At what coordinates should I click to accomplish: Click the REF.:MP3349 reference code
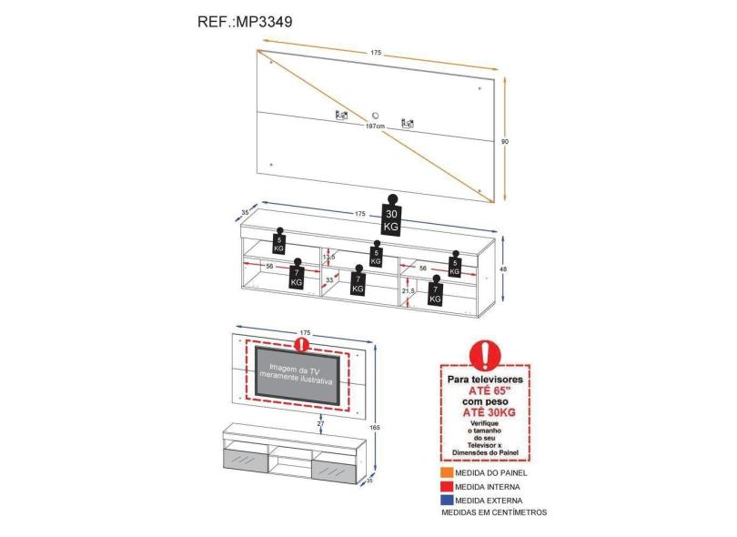tap(245, 20)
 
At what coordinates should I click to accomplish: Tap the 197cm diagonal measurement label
tap(375, 127)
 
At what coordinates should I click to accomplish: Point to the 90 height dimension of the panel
tap(507, 141)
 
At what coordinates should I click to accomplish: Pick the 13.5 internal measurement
tap(328, 258)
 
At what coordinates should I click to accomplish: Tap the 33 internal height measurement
tap(329, 281)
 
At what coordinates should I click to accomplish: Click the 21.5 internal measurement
tap(409, 290)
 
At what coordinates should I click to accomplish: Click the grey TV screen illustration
tap(298, 373)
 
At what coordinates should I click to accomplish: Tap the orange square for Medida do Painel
tap(447, 473)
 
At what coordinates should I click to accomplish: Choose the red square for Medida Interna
tap(447, 486)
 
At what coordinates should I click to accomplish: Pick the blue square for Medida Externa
tap(447, 499)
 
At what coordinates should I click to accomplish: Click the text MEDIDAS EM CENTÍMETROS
tap(494, 512)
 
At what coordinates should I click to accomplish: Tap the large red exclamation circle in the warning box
tap(485, 354)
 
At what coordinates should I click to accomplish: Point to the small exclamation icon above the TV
tap(300, 345)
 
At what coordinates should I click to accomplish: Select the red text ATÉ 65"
tap(485, 385)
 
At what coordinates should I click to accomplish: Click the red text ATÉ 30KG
tap(485, 411)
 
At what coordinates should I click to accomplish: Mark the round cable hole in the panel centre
tap(375, 116)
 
